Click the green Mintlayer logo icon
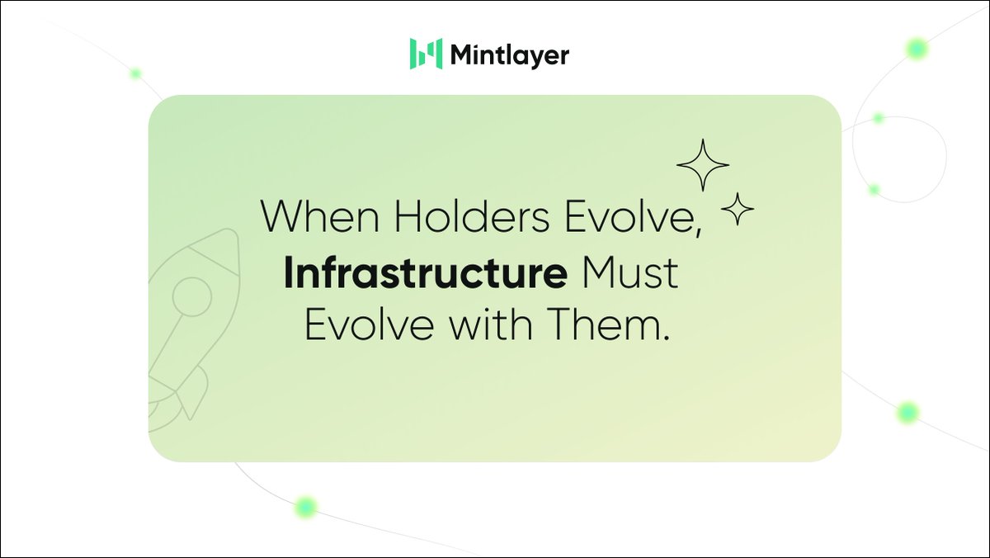click(426, 54)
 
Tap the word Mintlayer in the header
click(509, 55)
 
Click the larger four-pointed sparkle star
click(703, 165)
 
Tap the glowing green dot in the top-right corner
click(916, 50)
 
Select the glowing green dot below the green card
click(306, 506)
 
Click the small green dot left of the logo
click(135, 73)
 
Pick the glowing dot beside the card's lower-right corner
click(908, 412)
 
